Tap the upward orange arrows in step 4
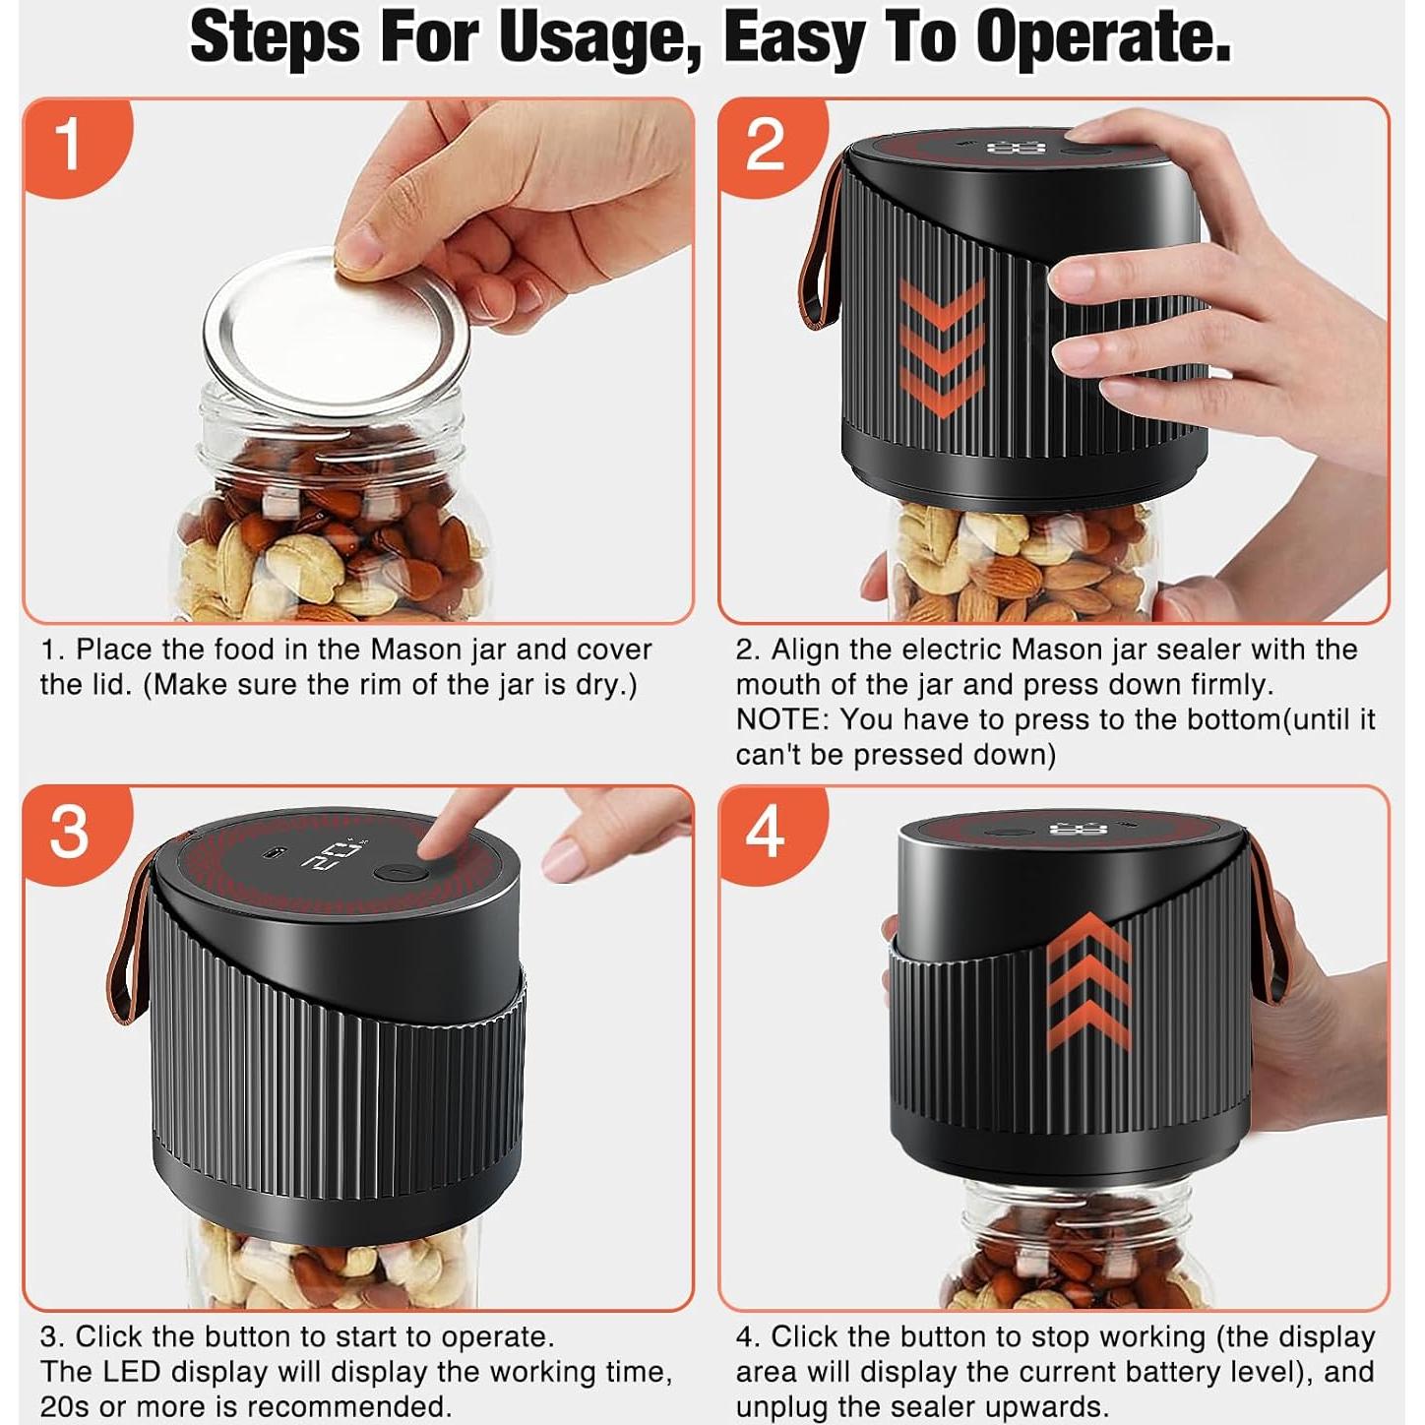click(1089, 980)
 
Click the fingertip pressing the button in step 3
click(436, 843)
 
